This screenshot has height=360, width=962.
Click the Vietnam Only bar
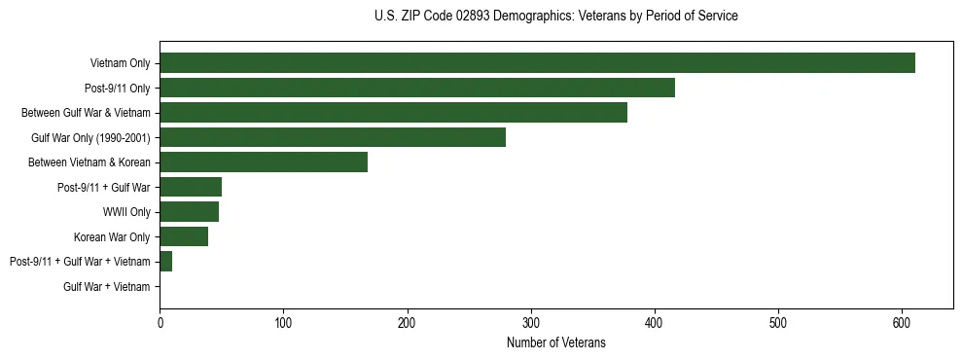point(537,63)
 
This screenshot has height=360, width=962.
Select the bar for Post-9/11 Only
point(417,88)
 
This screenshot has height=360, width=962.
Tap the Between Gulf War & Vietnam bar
point(393,113)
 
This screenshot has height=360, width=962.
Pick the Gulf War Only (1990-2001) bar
point(333,137)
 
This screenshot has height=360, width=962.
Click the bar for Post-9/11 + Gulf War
point(191,187)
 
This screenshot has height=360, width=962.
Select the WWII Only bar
point(189,212)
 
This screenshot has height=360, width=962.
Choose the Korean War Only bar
point(184,236)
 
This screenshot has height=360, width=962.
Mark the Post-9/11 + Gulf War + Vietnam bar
point(166,262)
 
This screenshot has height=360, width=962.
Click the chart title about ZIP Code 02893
point(555,17)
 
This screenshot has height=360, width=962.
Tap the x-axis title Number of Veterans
point(555,343)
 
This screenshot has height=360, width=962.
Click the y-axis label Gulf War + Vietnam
point(106,286)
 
